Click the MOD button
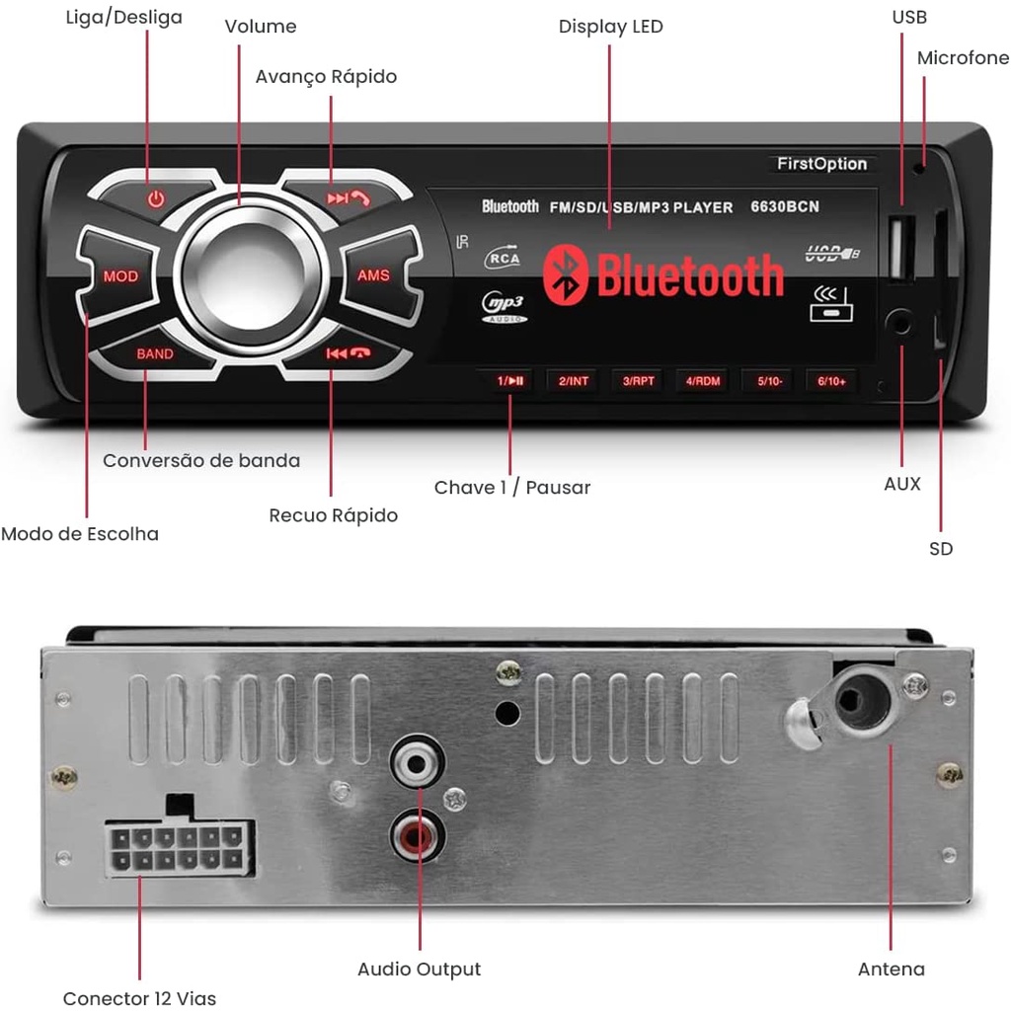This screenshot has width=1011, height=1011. (120, 276)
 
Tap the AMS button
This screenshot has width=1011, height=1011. (373, 275)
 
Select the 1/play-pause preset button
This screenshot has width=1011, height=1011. (510, 381)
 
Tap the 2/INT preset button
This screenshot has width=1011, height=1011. (574, 381)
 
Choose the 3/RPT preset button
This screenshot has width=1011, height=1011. (639, 381)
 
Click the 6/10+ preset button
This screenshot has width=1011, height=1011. (831, 381)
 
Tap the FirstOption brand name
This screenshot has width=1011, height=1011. (821, 164)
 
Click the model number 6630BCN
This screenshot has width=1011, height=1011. (785, 207)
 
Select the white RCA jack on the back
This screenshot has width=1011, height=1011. (417, 763)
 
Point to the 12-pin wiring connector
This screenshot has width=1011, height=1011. (177, 847)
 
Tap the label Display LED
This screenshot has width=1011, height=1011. (610, 27)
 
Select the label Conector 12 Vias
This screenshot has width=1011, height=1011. (139, 998)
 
